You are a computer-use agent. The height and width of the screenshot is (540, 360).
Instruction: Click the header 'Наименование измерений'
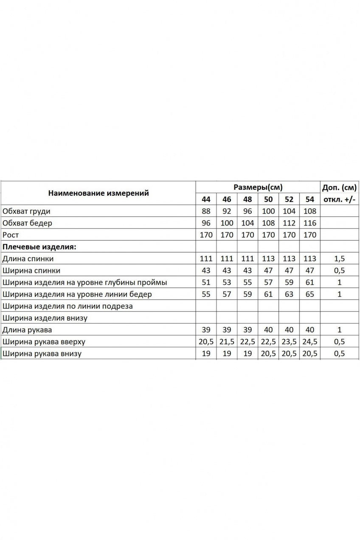[x=98, y=193]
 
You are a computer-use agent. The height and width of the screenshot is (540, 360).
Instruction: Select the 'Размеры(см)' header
[x=258, y=187]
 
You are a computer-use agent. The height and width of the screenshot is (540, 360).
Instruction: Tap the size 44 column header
[x=206, y=200]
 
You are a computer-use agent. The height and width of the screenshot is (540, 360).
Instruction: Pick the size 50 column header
[x=268, y=200]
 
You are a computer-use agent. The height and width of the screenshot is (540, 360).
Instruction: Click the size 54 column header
[x=310, y=200]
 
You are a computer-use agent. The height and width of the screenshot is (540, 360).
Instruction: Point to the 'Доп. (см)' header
[x=339, y=187]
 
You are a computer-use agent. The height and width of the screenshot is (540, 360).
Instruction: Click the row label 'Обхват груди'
[x=29, y=211]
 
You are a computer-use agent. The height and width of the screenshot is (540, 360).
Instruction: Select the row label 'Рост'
[x=11, y=235]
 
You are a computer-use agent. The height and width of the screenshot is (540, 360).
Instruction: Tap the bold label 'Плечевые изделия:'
[x=39, y=247]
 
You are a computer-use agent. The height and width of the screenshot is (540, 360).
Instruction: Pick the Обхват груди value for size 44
[x=206, y=211]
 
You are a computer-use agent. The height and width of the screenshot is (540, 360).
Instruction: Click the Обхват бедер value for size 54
[x=310, y=223]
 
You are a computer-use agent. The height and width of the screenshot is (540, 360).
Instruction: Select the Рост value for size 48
[x=247, y=235]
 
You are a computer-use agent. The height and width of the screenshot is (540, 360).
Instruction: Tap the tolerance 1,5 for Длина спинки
[x=339, y=259]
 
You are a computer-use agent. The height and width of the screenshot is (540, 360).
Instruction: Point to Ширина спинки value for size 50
[x=268, y=270]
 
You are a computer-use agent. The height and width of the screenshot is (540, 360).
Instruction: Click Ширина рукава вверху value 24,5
[x=310, y=341]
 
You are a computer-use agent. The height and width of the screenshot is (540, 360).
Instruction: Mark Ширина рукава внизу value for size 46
[x=227, y=353]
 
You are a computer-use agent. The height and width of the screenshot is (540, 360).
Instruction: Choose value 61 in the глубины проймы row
[x=310, y=282]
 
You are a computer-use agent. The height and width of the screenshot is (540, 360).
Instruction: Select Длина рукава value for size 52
[x=289, y=329]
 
